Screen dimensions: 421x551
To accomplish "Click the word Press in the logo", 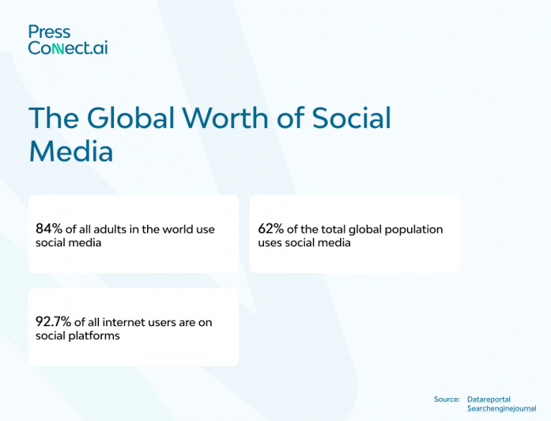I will (x=50, y=32).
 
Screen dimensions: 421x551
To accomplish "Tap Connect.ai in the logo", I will (x=68, y=48).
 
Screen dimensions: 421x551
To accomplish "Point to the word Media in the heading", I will (x=71, y=152).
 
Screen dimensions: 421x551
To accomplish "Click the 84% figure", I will (x=49, y=229).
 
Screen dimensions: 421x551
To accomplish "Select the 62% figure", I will (x=270, y=229).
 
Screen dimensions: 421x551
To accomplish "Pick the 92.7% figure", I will (x=53, y=323).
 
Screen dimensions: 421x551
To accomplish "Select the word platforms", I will (x=95, y=336).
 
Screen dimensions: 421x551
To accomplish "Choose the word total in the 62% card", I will (x=334, y=230).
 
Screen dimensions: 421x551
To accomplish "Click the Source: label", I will (x=446, y=399).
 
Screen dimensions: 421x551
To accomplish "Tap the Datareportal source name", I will (x=489, y=399).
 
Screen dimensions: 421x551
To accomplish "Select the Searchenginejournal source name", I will (x=501, y=409).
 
